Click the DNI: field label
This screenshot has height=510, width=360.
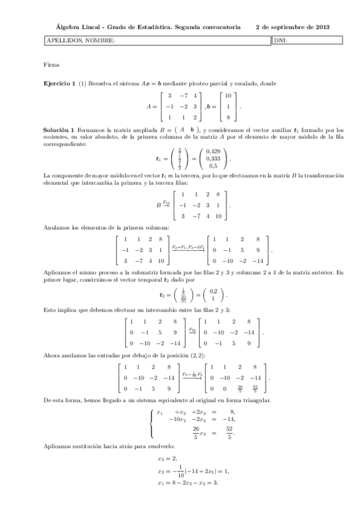pyautogui.click(x=280, y=41)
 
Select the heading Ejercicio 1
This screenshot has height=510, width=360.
pyautogui.click(x=59, y=83)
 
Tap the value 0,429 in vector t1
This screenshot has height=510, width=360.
pyautogui.click(x=213, y=152)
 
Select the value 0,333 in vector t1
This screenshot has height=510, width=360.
pyautogui.click(x=213, y=159)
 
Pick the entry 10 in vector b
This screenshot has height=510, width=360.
pyautogui.click(x=228, y=96)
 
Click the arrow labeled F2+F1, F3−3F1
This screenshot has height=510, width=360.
pyautogui.click(x=188, y=247)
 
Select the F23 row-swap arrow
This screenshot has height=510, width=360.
pyautogui.click(x=192, y=330)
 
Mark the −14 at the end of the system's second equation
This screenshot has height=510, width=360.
pyautogui.click(x=228, y=419)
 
